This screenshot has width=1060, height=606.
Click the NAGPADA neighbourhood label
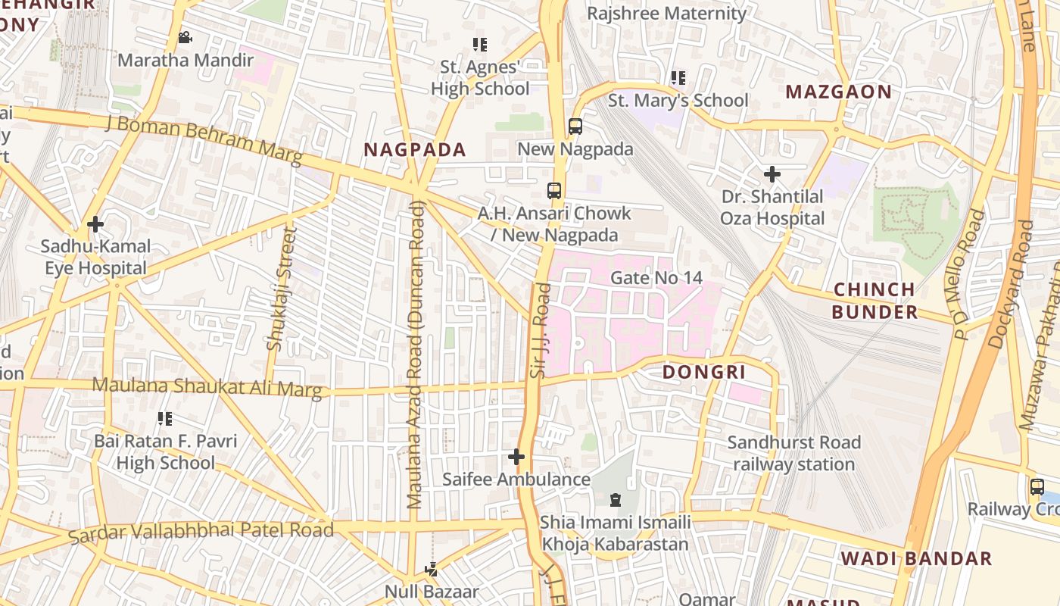tap(413, 149)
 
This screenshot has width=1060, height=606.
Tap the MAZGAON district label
tap(838, 92)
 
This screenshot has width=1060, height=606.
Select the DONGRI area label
tap(704, 372)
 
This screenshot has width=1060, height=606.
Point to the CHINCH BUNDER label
tap(874, 301)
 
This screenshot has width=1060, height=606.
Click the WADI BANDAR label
tap(916, 559)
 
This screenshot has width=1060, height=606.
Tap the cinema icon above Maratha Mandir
tap(185, 38)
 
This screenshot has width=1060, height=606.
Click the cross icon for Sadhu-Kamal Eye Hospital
tap(95, 224)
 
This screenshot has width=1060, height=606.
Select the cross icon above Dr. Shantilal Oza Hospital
tap(772, 175)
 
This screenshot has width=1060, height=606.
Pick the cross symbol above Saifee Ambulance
tap(516, 457)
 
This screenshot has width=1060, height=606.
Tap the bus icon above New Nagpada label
tap(575, 127)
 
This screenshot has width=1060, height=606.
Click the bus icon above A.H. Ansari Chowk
tap(554, 190)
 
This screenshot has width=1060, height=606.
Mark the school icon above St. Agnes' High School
tap(479, 45)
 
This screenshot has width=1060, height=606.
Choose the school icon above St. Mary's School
tap(678, 78)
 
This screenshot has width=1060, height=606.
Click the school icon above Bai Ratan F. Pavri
tap(165, 419)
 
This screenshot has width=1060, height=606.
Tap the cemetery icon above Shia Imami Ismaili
tap(615, 500)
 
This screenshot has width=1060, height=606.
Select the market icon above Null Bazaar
tap(432, 569)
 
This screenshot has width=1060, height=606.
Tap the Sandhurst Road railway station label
tap(793, 453)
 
